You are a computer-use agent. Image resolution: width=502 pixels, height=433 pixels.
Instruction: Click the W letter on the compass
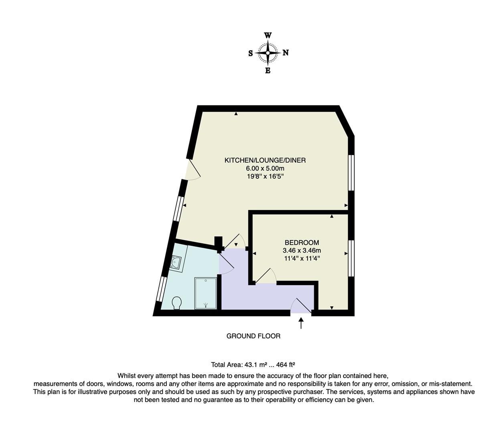pos(267,35)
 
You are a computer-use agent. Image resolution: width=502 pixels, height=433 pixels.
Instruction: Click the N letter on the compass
pos(285,53)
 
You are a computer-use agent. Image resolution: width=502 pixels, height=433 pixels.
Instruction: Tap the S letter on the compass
pos(251,53)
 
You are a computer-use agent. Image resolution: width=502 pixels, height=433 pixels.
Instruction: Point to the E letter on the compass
pos(268,71)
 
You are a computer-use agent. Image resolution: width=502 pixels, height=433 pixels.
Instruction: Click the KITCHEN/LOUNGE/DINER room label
pos(265,160)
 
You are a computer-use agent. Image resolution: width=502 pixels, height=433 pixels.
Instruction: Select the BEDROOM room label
pos(302,243)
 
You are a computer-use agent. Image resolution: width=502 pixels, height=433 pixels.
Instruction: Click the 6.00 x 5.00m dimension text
pos(265,168)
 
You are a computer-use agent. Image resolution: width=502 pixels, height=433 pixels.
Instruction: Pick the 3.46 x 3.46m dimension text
pos(302,251)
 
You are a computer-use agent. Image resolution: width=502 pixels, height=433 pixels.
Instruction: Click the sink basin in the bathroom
pos(175,263)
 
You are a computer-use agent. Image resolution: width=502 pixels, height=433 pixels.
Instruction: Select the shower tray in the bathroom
pos(206,293)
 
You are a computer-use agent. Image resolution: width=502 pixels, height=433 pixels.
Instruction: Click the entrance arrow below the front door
pos(301,323)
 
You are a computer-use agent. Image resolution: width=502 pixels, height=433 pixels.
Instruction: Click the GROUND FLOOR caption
pos(253,336)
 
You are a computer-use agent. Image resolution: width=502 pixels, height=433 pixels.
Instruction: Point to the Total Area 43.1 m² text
pos(253,365)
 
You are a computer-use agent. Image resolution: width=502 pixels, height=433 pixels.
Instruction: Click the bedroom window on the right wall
pos(351,258)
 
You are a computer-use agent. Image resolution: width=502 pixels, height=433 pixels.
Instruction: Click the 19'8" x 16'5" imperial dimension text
pos(265,176)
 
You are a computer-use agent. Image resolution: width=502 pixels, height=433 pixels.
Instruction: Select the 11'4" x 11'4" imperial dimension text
pos(302,259)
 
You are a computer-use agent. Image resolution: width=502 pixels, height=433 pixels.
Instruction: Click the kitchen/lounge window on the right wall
pos(351,172)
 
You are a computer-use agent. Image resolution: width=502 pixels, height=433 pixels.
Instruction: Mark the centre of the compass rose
pos(268,53)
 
